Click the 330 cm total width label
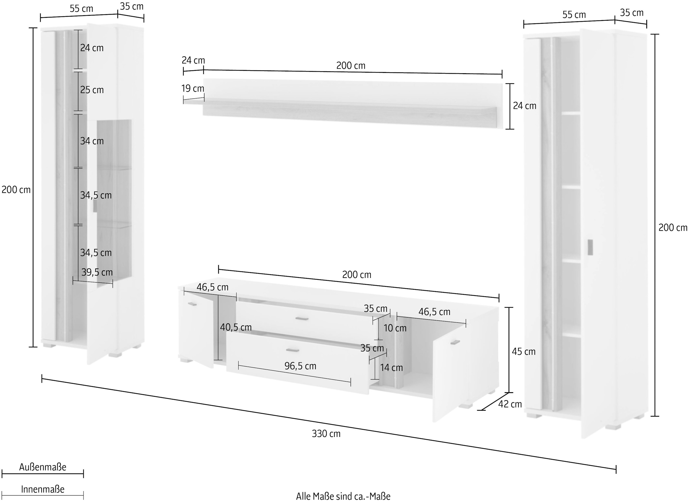(x=326, y=434)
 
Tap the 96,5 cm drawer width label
(x=300, y=366)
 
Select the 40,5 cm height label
(x=236, y=327)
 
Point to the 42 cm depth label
(x=510, y=404)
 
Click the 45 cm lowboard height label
(x=523, y=351)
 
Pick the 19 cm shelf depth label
(x=192, y=88)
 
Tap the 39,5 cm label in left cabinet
(x=97, y=272)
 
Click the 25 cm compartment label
(x=92, y=90)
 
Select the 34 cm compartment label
(x=92, y=141)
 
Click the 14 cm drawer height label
(x=391, y=368)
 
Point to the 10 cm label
(x=395, y=328)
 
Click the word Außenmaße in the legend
(x=42, y=467)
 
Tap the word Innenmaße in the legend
(x=42, y=489)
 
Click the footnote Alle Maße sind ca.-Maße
(x=343, y=496)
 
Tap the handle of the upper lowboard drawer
(x=302, y=319)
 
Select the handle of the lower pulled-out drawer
(x=293, y=351)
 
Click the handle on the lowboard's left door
(x=192, y=304)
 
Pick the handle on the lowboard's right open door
(x=455, y=342)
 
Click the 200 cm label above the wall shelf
(x=351, y=65)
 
